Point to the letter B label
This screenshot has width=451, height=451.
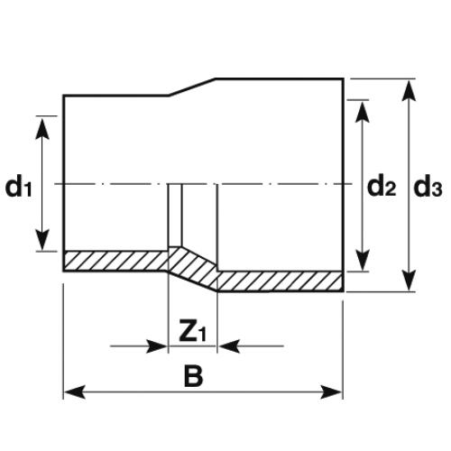pyautogui.click(x=193, y=376)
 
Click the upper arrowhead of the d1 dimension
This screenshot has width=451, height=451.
pyautogui.click(x=42, y=129)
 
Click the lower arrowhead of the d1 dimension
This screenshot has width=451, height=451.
pyautogui.click(x=42, y=239)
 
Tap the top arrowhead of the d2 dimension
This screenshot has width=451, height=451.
pyautogui.click(x=362, y=112)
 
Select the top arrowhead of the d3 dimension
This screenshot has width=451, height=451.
pyautogui.click(x=409, y=91)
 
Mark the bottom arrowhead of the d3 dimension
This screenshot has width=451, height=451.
pyautogui.click(x=409, y=281)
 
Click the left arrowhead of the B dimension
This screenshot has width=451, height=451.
pyautogui.click(x=75, y=391)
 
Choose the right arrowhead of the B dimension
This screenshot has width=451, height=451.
pyautogui.click(x=331, y=391)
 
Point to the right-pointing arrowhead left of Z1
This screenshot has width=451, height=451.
pyautogui.click(x=156, y=346)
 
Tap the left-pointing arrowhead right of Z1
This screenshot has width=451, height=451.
pyautogui.click(x=229, y=346)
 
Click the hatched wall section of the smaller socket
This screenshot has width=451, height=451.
pyautogui.click(x=116, y=261)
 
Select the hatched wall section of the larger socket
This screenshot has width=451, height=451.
pyautogui.click(x=281, y=281)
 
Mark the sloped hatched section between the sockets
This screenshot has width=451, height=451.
pyautogui.click(x=193, y=269)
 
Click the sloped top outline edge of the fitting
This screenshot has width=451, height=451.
pyautogui.click(x=192, y=87)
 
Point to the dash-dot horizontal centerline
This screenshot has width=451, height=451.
pyautogui.click(x=203, y=183)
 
